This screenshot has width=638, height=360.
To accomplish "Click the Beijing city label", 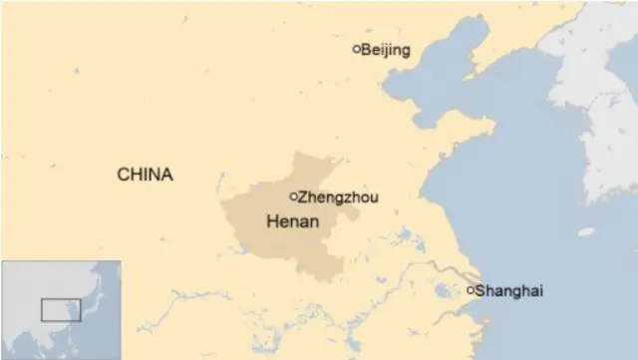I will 386,50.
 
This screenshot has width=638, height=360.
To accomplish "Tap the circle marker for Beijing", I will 357,49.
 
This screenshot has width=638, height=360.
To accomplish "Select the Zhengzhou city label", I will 338,197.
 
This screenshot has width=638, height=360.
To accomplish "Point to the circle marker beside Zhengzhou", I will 293,196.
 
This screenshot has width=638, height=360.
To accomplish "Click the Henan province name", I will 293,221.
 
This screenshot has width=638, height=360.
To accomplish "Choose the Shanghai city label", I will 509,291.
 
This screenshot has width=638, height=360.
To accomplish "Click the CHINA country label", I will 145,175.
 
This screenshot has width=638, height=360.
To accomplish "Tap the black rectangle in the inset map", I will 61,308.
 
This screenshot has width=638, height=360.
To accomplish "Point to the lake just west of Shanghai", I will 443,291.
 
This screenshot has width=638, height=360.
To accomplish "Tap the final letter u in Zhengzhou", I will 374,198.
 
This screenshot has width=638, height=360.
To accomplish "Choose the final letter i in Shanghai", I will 541,291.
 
